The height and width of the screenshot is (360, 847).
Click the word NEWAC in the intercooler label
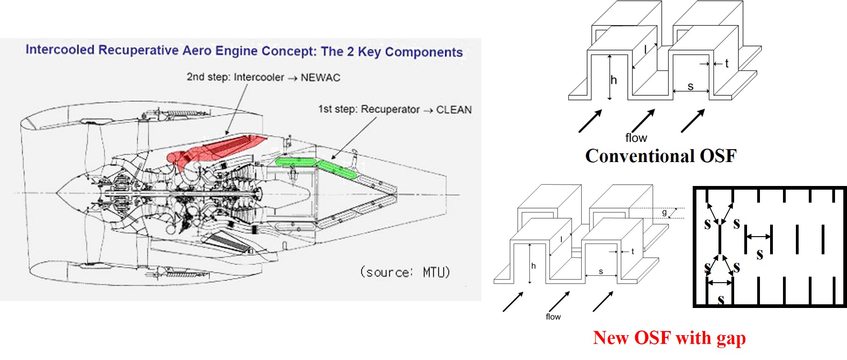tap(320, 78)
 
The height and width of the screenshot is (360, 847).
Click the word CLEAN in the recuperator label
tap(454, 110)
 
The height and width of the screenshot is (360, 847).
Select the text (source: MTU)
tap(405, 272)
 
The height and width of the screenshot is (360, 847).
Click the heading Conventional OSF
tap(660, 156)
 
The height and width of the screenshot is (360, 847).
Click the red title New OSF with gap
tap(669, 338)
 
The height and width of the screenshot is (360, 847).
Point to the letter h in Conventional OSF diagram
tap(613, 81)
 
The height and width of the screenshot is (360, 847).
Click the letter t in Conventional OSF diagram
tap(726, 64)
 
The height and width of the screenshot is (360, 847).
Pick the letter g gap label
tap(664, 212)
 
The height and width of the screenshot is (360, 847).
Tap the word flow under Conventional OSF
tap(636, 138)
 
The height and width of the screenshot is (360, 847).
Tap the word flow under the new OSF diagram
tap(553, 317)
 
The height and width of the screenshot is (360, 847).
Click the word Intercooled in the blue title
tap(60, 50)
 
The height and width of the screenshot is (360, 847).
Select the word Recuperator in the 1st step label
tap(390, 110)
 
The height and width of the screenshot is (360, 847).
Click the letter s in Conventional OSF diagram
tap(690, 86)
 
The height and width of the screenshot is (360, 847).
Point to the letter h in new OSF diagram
tap(533, 266)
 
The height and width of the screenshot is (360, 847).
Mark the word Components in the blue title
tap(424, 52)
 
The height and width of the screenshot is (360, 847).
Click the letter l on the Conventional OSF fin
tap(646, 50)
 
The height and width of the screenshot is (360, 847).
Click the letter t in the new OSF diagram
tap(632, 251)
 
